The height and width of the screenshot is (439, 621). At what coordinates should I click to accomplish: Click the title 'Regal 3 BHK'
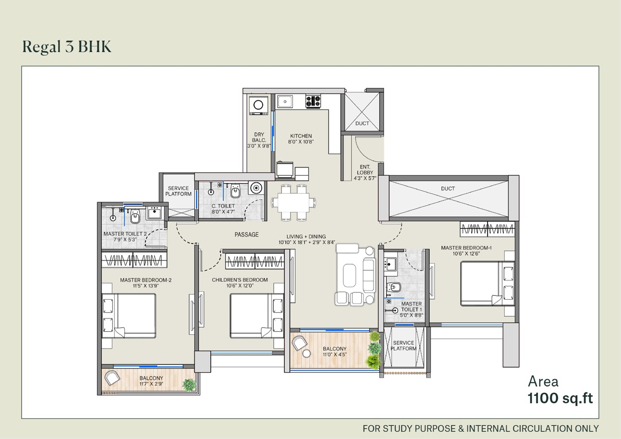tap(67, 47)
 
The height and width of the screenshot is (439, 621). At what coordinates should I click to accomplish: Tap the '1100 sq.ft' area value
tap(560, 398)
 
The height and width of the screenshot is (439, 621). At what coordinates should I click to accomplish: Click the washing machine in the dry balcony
tap(258, 106)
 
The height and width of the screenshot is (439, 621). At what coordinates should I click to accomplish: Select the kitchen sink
tap(285, 102)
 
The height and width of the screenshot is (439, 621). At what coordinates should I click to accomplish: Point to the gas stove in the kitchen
tap(313, 101)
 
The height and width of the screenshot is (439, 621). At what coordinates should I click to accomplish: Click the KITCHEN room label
tap(301, 136)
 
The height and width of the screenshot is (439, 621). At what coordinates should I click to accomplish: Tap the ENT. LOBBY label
tap(365, 170)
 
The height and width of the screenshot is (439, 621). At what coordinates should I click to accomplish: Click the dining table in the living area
tap(294, 202)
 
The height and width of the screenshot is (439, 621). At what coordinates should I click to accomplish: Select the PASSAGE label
tap(247, 235)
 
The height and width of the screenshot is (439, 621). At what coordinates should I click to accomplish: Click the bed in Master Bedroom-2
tap(129, 316)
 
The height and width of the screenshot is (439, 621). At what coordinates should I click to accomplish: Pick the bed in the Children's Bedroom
tap(257, 316)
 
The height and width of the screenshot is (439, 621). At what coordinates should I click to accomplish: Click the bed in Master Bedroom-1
tap(487, 283)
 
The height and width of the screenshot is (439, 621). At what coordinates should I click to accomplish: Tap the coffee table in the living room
tap(350, 275)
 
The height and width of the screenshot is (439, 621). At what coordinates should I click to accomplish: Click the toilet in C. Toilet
tap(236, 190)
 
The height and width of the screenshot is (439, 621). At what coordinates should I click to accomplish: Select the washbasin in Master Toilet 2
tap(154, 213)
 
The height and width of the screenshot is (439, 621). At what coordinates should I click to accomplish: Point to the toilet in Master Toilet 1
tap(394, 287)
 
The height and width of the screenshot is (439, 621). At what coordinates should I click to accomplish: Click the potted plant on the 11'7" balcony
tap(189, 384)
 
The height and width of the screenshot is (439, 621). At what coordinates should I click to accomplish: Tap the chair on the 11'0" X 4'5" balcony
tap(299, 343)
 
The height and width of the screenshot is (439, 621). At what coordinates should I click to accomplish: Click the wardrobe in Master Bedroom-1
tap(487, 229)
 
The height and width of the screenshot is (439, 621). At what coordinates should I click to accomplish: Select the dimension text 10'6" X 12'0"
tap(240, 286)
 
